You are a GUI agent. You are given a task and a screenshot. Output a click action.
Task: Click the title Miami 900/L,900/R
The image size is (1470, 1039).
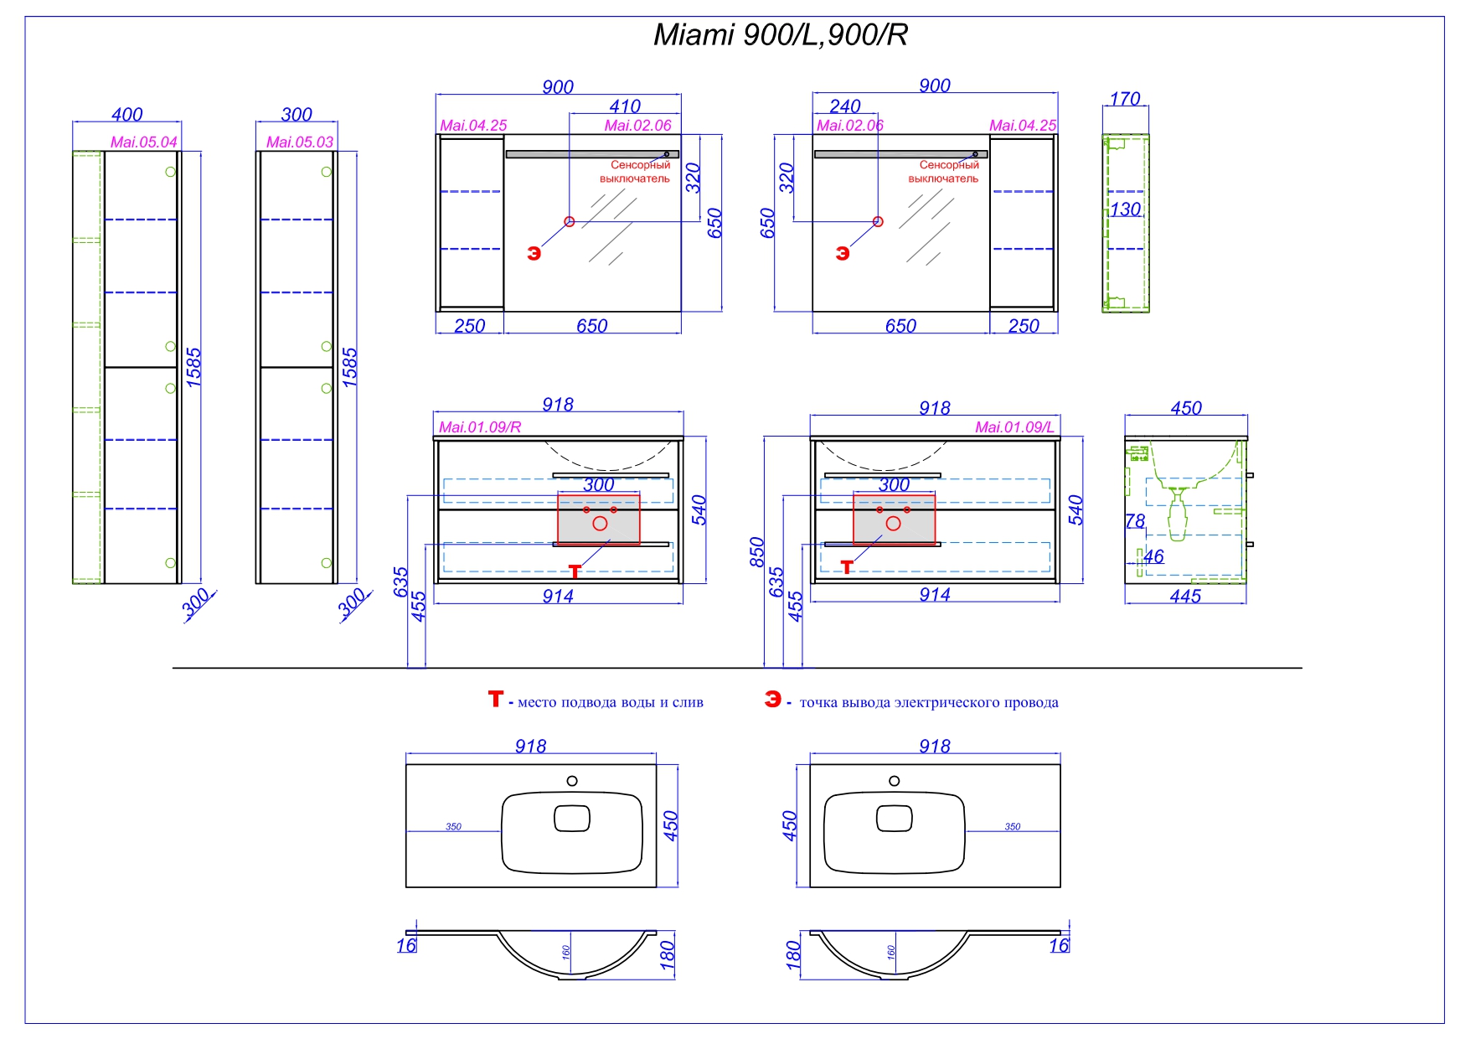tap(780, 35)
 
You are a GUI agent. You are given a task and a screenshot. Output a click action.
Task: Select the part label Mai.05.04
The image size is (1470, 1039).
tap(144, 142)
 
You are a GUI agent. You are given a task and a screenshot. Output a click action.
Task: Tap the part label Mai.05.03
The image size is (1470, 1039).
tap(300, 142)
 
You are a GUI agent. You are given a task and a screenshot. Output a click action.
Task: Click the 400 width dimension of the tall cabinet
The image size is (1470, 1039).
tap(127, 114)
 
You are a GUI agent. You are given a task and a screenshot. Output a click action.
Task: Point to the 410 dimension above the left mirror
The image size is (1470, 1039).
tap(625, 106)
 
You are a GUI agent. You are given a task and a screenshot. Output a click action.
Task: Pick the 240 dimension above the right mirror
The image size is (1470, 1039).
tap(845, 106)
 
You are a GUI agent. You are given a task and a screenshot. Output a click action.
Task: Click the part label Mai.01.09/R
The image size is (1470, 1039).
tap(480, 427)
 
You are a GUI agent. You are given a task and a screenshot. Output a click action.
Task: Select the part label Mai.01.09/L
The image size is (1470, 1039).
tap(1014, 427)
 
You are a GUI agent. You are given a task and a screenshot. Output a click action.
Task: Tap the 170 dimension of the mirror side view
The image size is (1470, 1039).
tap(1125, 99)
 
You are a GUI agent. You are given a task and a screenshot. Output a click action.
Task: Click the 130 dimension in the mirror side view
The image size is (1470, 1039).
tap(1126, 209)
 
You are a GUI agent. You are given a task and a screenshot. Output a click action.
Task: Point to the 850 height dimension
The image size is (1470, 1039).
tap(757, 552)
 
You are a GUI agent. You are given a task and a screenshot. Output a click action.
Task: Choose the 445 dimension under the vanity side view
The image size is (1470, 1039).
tap(1185, 597)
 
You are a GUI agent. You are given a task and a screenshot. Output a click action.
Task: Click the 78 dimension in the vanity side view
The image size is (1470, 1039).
tap(1135, 521)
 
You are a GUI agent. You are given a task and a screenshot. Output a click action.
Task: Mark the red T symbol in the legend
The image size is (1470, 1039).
tap(496, 699)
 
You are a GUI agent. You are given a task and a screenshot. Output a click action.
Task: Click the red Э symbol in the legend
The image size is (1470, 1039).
tap(772, 699)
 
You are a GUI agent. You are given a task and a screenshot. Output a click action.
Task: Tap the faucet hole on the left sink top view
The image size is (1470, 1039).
tap(572, 781)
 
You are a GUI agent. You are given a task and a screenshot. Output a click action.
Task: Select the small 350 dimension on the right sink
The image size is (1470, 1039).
tap(1013, 827)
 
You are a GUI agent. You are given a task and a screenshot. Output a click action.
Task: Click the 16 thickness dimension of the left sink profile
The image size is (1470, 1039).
tap(406, 946)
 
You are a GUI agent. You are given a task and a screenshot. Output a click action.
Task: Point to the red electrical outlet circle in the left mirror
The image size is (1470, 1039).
tap(570, 221)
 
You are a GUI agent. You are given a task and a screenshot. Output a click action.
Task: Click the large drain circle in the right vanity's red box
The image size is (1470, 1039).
tap(893, 524)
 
